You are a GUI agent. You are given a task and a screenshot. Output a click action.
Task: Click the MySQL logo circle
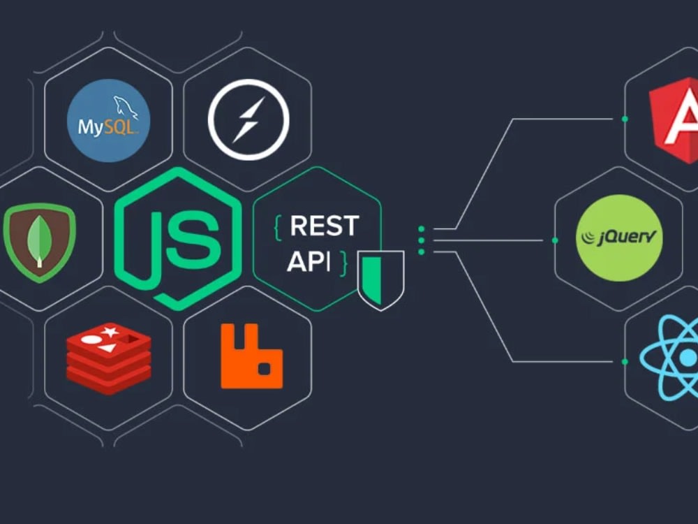tap(108, 120)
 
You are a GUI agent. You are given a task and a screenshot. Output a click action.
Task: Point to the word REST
tap(324, 226)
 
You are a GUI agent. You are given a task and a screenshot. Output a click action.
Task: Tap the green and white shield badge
tap(380, 279)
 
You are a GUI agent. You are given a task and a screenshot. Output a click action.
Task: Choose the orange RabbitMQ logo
tap(251, 356)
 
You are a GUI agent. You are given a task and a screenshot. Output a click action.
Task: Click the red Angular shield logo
tap(674, 119)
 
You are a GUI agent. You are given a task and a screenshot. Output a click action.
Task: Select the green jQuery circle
tap(619, 238)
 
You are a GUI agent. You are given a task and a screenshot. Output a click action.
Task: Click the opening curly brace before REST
tap(277, 226)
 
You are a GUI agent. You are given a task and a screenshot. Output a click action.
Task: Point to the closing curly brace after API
tap(343, 263)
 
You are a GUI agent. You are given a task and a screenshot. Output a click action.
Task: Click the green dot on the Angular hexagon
tap(625, 119)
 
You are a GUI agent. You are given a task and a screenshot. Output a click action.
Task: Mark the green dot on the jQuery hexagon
tap(555, 240)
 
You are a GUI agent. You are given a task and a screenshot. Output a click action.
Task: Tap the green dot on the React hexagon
tap(625, 361)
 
